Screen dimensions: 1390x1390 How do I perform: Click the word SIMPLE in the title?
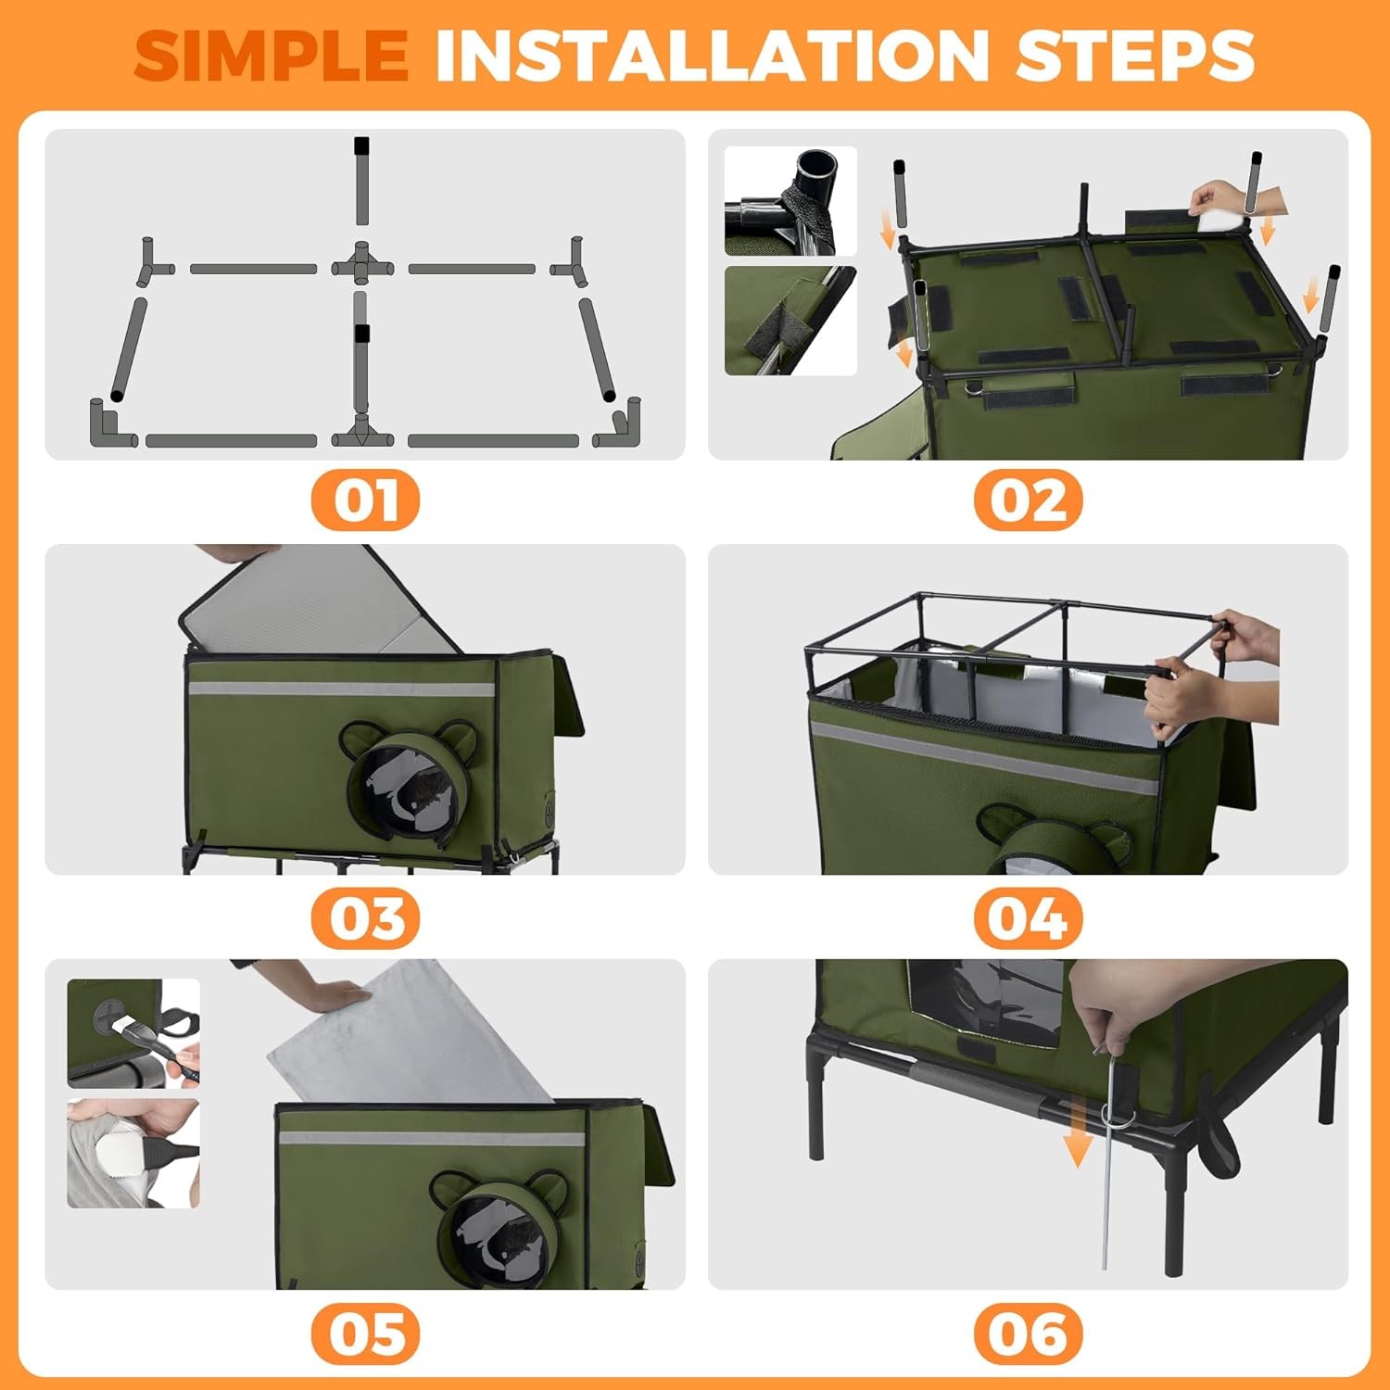point(272,57)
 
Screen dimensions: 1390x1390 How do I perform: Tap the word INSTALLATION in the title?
point(713,57)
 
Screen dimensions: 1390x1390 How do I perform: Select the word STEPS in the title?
point(1135,57)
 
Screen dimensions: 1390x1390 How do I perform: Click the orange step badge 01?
point(365,500)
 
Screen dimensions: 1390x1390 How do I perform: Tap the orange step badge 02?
point(1028,500)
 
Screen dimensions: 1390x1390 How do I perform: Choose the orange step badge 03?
point(365,918)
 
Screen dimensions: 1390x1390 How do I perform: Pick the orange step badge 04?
point(1028,918)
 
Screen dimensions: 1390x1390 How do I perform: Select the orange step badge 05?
point(365,1334)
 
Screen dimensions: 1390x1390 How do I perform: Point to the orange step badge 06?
point(1028,1334)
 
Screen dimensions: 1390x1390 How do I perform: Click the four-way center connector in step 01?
point(362,266)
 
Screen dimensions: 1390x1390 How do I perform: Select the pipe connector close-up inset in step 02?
point(790,201)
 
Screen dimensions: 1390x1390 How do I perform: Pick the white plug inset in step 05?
point(133,1153)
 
